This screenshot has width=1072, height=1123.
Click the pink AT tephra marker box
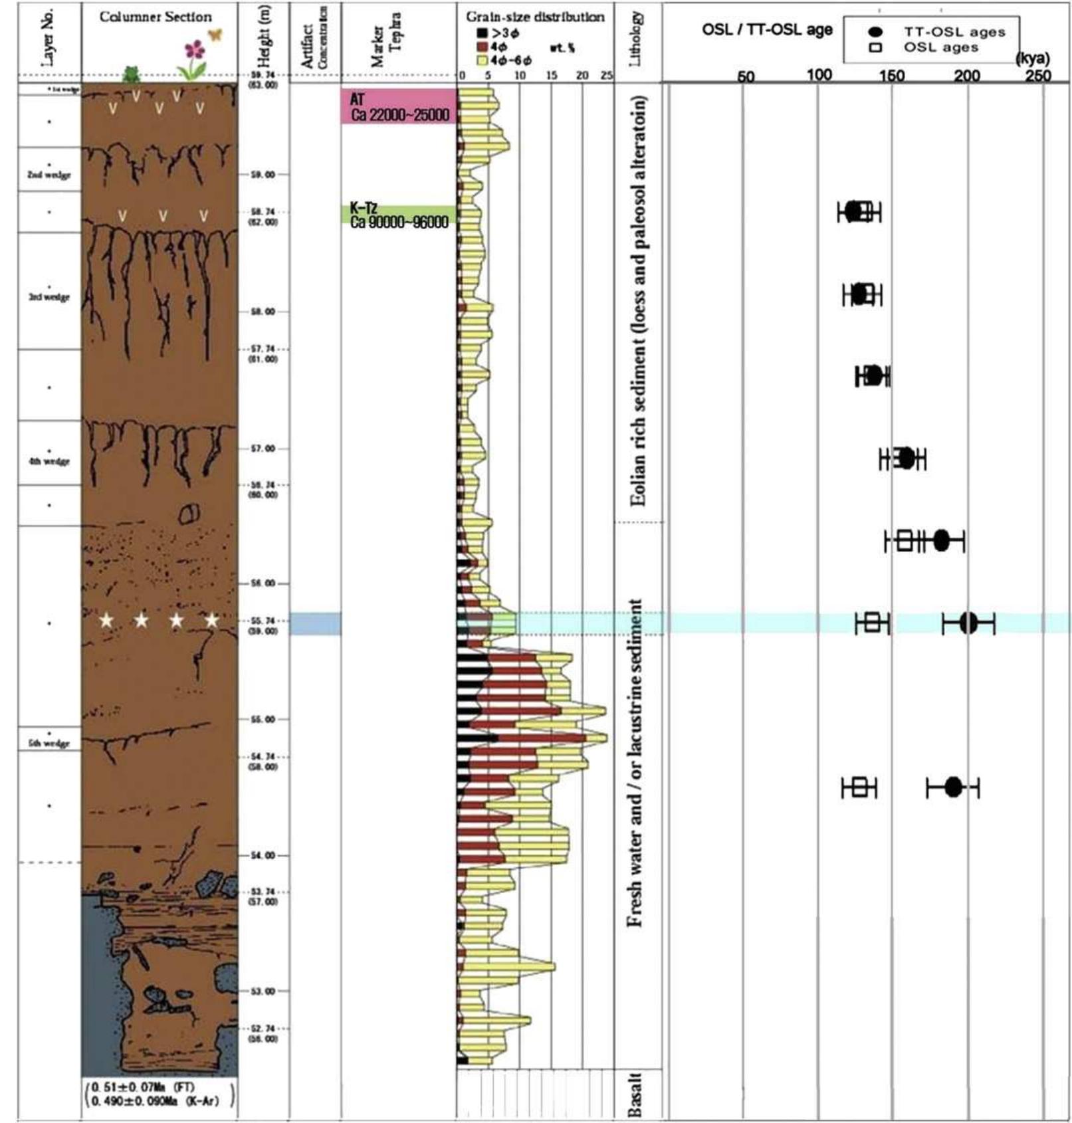coord(399,106)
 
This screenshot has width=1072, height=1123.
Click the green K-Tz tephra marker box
coord(399,215)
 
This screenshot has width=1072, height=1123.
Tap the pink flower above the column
coord(194,50)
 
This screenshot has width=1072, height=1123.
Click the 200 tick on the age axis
coord(967,76)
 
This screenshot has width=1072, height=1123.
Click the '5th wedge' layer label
coord(49,744)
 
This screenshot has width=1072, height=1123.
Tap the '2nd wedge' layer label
coord(49,175)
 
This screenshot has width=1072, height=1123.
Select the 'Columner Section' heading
coord(156,17)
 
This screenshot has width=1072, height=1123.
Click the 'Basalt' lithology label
coord(635,1094)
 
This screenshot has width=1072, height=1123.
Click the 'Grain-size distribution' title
coord(535,17)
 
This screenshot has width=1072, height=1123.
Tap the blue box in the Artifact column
coord(316,623)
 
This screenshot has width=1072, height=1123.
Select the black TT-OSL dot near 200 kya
coord(969,623)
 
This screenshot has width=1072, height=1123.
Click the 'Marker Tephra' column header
coord(386,40)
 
